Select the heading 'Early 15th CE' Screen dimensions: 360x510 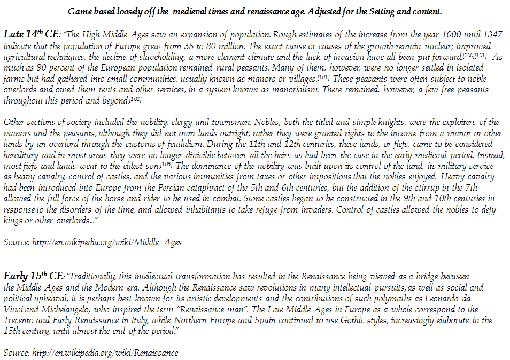pos(33,277)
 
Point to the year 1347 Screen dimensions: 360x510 pos(493,35)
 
